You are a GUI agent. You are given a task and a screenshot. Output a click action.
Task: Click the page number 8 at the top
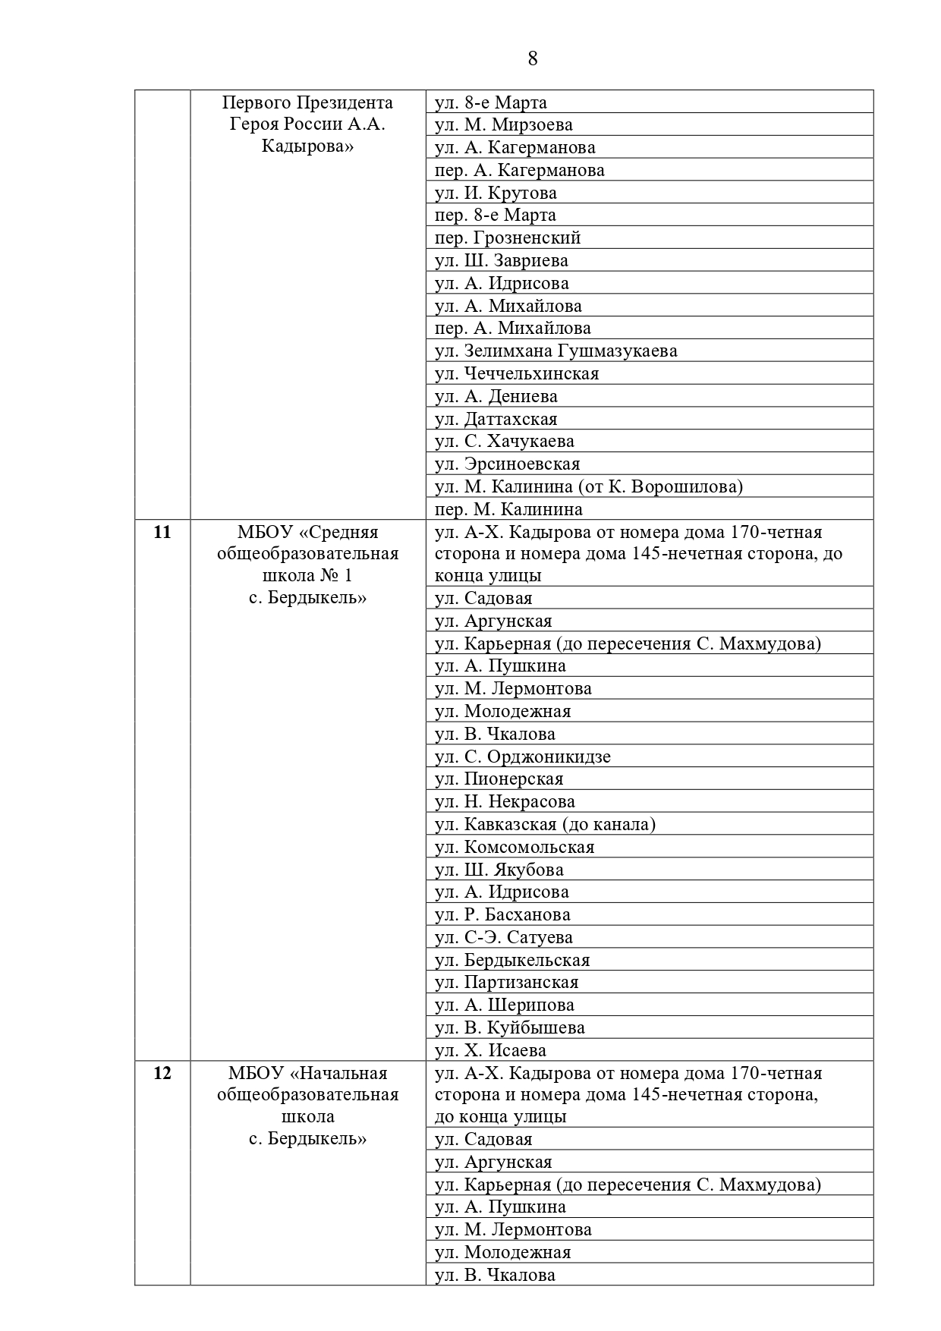click(x=532, y=59)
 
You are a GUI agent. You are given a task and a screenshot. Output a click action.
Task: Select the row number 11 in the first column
click(x=162, y=532)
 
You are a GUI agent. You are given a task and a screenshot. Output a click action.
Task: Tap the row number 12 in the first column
click(x=162, y=1073)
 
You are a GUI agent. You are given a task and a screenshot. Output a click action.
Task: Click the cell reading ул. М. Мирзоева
click(x=503, y=124)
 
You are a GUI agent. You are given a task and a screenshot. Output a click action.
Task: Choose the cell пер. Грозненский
click(x=507, y=238)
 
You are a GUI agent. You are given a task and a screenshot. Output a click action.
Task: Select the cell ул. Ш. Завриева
click(x=501, y=260)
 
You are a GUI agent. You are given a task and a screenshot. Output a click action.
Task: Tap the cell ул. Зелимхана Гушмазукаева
click(x=555, y=351)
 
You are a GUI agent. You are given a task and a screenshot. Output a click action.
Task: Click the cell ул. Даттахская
click(x=496, y=419)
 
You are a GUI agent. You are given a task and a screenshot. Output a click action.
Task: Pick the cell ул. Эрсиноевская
click(x=507, y=464)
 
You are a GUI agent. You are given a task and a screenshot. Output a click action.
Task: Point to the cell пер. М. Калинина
click(x=508, y=509)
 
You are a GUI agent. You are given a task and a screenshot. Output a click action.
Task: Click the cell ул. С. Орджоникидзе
click(x=522, y=757)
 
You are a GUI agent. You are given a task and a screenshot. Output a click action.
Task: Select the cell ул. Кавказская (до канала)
click(x=545, y=824)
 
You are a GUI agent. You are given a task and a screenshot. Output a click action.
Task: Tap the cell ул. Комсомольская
click(x=514, y=847)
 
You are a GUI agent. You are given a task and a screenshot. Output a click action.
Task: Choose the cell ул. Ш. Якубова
click(x=499, y=870)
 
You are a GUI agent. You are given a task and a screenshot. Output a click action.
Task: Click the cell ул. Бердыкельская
click(x=511, y=960)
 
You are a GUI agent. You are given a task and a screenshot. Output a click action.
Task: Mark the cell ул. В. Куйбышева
click(x=509, y=1027)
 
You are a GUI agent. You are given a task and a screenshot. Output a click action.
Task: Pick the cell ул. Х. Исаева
click(x=490, y=1050)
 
